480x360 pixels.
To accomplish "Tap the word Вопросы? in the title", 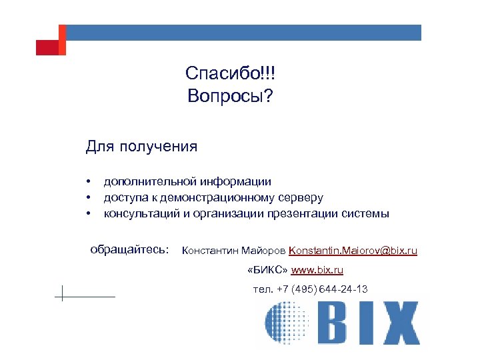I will [x=229, y=97].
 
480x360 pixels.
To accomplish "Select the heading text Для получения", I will [x=141, y=146].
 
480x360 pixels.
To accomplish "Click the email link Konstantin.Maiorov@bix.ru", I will [x=353, y=251].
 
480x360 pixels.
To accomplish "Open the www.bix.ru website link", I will [x=317, y=270].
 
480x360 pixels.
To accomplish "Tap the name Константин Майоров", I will [x=233, y=251].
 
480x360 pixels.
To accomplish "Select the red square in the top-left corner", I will [x=47, y=47].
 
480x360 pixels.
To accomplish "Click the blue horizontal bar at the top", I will [x=243, y=33].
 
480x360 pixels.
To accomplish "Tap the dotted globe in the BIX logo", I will [x=286, y=323].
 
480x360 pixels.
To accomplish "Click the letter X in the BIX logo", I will [x=395, y=323].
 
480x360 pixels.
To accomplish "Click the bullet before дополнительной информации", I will [x=87, y=181].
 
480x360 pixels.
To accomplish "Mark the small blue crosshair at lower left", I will [x=62, y=293].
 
